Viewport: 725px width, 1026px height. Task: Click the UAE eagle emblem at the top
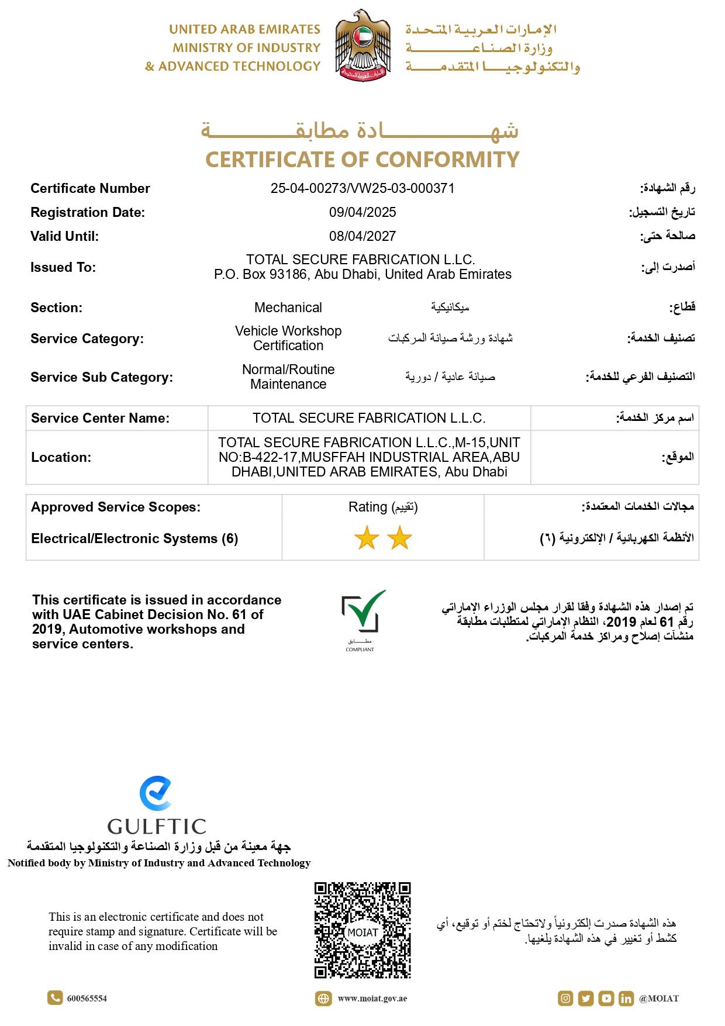[362, 46]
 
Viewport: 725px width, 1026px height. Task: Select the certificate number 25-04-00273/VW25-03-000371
[362, 188]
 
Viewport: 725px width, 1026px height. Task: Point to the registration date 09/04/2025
[362, 212]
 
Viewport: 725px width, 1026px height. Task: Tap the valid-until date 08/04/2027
[362, 236]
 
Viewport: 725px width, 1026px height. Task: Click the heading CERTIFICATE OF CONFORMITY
[362, 159]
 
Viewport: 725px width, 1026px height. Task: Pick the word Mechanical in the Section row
[288, 308]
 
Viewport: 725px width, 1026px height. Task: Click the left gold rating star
[367, 538]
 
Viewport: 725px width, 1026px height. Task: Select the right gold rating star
[400, 538]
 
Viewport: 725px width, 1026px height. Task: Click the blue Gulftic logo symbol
[156, 793]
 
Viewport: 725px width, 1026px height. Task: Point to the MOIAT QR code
[362, 930]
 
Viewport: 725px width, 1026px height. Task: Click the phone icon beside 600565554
[55, 998]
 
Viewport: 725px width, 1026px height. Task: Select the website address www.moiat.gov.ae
[372, 999]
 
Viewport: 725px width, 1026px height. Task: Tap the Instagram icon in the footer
[565, 999]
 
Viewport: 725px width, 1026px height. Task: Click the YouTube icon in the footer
[606, 999]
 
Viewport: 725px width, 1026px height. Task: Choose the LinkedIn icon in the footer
[626, 999]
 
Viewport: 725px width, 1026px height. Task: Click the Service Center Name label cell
[101, 418]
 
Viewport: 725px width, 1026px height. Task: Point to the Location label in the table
[61, 457]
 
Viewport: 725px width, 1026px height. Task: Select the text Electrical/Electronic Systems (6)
[134, 538]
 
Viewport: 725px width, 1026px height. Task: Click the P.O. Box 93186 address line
[362, 274]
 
